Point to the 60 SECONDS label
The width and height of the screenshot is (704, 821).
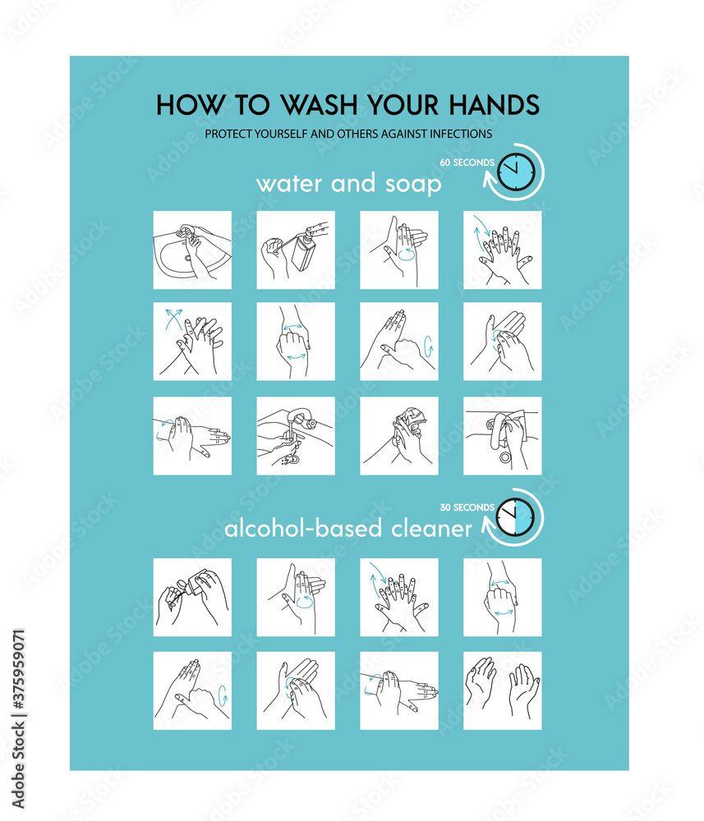pyautogui.click(x=467, y=163)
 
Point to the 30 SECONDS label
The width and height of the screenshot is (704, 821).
pyautogui.click(x=467, y=507)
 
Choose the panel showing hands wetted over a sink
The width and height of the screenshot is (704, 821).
pyautogui.click(x=192, y=250)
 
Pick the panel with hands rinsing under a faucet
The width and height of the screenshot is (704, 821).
pyautogui.click(x=296, y=436)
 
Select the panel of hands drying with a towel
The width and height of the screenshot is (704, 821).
pyautogui.click(x=399, y=436)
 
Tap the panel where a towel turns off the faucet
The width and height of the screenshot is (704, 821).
pyautogui.click(x=502, y=436)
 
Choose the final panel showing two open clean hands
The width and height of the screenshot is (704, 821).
pyautogui.click(x=502, y=690)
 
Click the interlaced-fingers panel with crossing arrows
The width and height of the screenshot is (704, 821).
pyautogui.click(x=192, y=342)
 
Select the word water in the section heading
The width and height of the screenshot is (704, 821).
pyautogui.click(x=289, y=183)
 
